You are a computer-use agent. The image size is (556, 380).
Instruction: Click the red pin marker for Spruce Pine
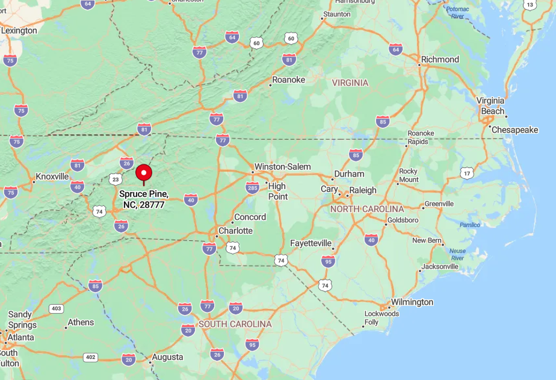[x=144, y=173]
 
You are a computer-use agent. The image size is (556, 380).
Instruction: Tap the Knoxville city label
[x=52, y=176]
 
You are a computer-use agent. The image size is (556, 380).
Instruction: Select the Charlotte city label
[x=235, y=231]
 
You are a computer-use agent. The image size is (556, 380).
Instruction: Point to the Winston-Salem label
[x=282, y=166]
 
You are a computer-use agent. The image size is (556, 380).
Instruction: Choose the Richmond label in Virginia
[x=440, y=59]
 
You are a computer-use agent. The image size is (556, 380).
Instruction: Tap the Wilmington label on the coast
[x=412, y=302]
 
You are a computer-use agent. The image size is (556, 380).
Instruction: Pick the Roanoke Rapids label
[x=420, y=137]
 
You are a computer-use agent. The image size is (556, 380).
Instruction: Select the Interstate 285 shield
[x=253, y=188]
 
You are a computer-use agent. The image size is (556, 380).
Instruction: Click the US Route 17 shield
[x=467, y=173]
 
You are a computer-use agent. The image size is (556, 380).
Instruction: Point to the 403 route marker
[x=56, y=309]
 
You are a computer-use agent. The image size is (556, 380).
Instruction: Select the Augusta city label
[x=167, y=357]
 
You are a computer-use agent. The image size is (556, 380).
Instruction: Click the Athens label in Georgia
[x=81, y=322]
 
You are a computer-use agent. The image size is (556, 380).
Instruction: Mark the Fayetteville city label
[x=310, y=243]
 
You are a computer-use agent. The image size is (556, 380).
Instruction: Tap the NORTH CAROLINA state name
[x=366, y=209]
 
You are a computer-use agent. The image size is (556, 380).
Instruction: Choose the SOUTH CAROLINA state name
[x=235, y=324]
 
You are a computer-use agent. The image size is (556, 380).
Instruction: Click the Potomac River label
[x=458, y=13]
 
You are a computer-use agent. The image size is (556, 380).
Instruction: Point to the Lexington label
[x=19, y=30]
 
